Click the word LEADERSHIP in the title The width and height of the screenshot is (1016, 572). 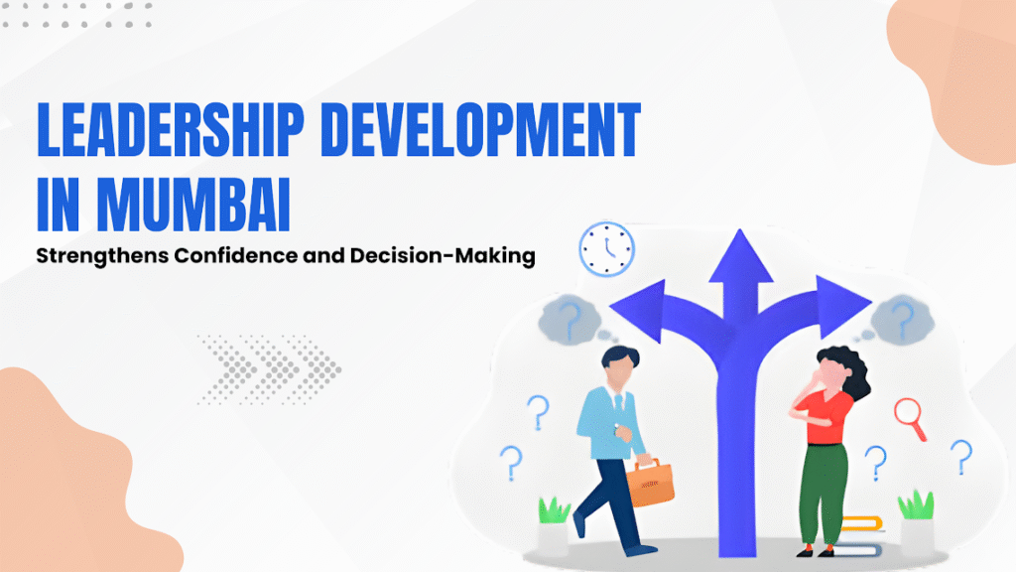tap(171, 130)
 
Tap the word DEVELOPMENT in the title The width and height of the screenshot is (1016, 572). tap(481, 130)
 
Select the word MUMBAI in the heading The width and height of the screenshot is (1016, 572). tap(193, 204)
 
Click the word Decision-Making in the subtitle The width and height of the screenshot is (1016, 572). tap(443, 256)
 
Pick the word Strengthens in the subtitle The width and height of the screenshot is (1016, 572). tap(102, 256)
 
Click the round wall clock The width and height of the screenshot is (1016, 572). tap(606, 249)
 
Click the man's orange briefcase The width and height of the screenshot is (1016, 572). tap(650, 483)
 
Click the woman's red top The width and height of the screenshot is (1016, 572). tap(824, 416)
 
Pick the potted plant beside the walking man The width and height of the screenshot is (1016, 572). tap(554, 526)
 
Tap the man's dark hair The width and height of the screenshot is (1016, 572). tap(621, 357)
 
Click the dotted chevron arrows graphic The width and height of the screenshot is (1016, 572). tap(270, 369)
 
